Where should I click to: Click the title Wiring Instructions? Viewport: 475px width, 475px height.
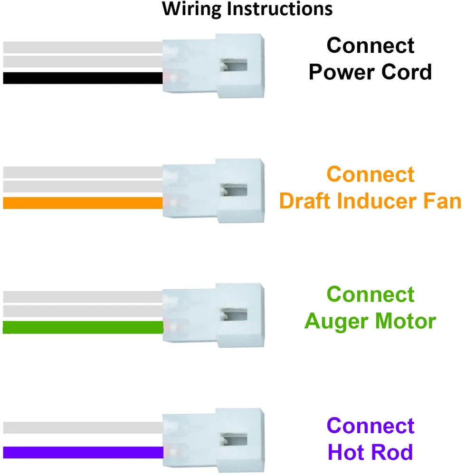[247, 9]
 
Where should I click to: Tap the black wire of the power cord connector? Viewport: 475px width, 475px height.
[83, 78]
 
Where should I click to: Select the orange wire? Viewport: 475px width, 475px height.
[83, 203]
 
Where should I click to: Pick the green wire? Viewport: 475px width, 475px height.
[83, 327]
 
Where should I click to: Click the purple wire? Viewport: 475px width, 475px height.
[83, 452]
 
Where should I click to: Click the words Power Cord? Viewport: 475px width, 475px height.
[370, 72]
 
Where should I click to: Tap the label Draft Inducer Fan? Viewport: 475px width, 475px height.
[370, 201]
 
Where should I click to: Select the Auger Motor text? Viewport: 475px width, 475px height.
[370, 321]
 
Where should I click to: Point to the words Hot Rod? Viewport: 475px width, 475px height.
[370, 452]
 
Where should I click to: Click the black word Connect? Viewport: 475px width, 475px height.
[370, 46]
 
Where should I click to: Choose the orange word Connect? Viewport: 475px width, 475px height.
[370, 174]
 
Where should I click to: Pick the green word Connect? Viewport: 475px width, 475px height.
[370, 294]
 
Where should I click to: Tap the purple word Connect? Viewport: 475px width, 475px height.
[370, 426]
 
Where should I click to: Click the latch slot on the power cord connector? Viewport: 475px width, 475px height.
[235, 66]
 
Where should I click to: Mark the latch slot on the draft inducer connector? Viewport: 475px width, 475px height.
[235, 191]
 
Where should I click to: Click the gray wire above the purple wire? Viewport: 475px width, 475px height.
[83, 427]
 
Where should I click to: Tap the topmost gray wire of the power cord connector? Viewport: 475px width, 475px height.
[83, 47]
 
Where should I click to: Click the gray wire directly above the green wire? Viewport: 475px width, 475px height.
[83, 311]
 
